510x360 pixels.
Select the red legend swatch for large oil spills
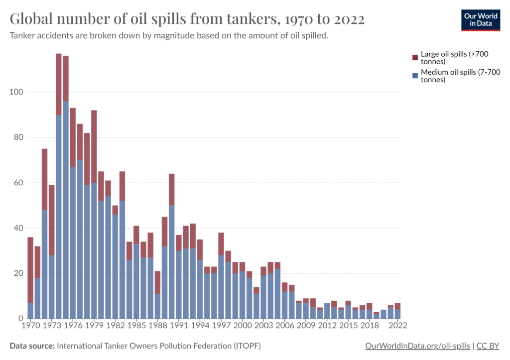click(414, 57)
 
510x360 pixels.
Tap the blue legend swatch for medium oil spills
click(414, 76)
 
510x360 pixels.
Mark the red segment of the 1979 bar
click(94, 146)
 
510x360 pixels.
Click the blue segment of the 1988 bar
click(157, 306)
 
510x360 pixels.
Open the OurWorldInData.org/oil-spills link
click(417, 346)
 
